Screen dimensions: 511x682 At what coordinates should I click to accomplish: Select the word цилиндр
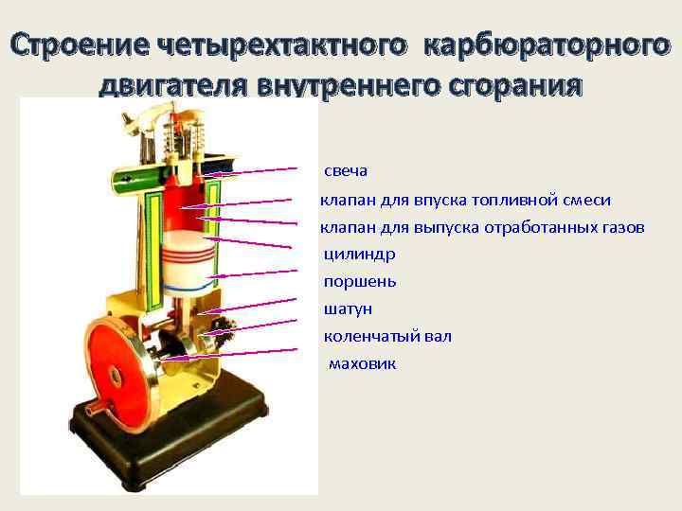pyautogui.click(x=359, y=255)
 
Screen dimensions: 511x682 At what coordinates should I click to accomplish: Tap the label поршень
pyautogui.click(x=360, y=282)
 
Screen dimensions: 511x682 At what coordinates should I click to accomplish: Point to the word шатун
pyautogui.click(x=348, y=309)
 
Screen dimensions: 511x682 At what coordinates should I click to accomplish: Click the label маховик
pyautogui.click(x=362, y=364)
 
